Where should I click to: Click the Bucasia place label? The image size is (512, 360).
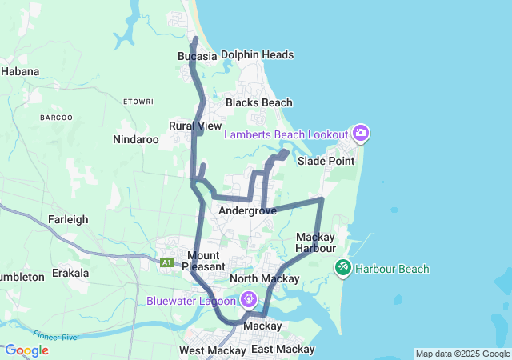point(197,57)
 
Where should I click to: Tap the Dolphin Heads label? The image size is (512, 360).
point(257,55)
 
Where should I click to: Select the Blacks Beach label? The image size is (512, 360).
point(258,103)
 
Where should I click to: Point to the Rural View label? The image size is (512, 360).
point(195,126)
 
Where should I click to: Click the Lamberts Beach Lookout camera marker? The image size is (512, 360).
point(360,133)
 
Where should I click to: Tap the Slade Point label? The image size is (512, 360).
point(326,161)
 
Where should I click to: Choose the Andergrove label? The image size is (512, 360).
point(247,211)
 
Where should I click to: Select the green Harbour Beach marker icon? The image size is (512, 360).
point(343,266)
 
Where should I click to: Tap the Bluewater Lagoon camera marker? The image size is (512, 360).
point(249,300)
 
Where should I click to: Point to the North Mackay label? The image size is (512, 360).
point(264,278)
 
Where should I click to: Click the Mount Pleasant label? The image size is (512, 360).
point(204,260)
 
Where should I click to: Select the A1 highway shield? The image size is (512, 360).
point(166,262)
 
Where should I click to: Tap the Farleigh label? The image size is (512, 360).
point(67,219)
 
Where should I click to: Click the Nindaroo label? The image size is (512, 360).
point(136,139)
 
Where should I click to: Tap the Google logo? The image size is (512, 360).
point(26,350)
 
